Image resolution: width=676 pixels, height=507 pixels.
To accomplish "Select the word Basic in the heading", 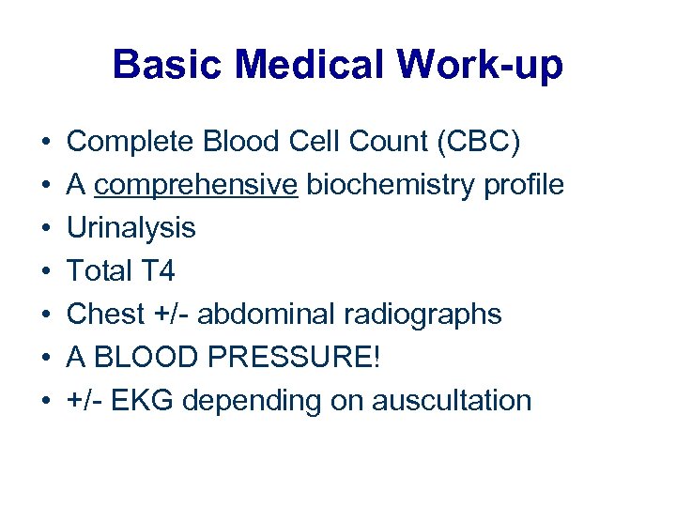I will click(169, 65).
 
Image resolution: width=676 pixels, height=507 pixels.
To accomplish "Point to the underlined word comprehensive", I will click(196, 185).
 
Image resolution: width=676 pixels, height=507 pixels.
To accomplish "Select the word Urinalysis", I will click(131, 228).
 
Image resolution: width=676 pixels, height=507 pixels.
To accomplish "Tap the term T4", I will click(158, 271).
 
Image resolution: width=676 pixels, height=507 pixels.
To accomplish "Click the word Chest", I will click(100, 315).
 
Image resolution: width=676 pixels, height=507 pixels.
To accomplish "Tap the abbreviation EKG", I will click(146, 401).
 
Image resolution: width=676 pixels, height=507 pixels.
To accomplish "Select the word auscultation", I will click(452, 401).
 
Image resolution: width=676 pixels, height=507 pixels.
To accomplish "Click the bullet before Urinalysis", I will click(45, 229).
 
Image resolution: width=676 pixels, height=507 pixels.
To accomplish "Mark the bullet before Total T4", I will click(45, 272).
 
